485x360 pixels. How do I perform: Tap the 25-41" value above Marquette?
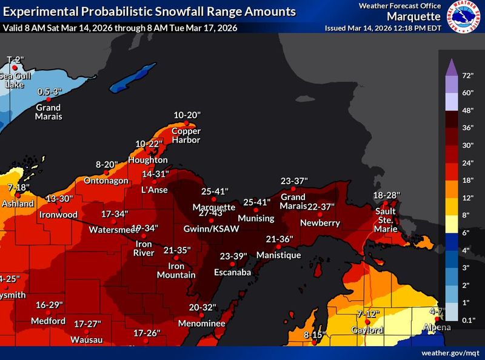(215, 191)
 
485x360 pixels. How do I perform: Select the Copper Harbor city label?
(186, 135)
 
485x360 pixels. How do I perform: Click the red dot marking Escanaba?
(232, 264)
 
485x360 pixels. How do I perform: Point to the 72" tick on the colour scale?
(467, 76)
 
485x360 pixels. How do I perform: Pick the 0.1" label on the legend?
(467, 319)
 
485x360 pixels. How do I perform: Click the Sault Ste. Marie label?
(386, 220)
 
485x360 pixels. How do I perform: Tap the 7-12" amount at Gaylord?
(367, 313)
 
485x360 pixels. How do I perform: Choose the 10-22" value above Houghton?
(149, 144)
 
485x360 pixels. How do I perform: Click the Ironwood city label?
(58, 215)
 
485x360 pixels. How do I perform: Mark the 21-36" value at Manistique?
(279, 239)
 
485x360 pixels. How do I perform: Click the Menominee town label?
(201, 324)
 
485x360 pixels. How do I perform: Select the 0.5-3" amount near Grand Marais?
(50, 92)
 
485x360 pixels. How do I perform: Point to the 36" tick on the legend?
(467, 128)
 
